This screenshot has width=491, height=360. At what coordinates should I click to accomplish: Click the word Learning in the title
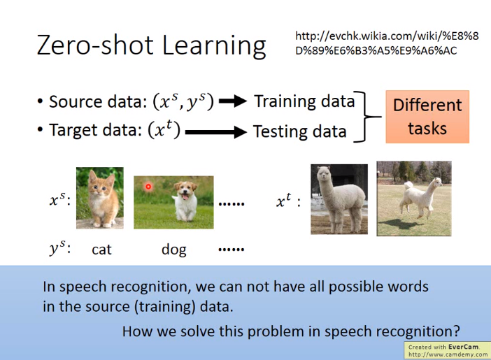coord(214,46)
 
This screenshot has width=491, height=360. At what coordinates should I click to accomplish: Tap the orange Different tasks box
coord(427,117)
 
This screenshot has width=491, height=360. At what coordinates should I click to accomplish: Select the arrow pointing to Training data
coord(233,101)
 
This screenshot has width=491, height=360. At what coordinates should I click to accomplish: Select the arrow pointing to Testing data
coord(216,132)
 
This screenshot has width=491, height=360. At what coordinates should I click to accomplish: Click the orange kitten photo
coord(100,198)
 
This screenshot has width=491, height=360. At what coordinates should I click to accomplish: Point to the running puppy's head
coord(185,190)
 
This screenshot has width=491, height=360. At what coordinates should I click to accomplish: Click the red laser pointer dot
coord(148,187)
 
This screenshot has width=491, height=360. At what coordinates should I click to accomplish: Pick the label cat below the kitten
coord(102,250)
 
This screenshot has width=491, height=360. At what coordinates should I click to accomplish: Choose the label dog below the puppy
coord(173,250)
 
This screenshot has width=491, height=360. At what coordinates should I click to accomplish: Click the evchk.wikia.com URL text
coord(387,43)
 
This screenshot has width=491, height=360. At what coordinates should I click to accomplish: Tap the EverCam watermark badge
coord(448,350)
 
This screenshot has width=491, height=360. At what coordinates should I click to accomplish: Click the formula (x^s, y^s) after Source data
coord(183,102)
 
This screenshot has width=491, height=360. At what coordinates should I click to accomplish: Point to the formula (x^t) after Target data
coord(164,129)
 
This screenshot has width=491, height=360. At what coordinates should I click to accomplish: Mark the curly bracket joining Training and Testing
coord(367,117)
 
